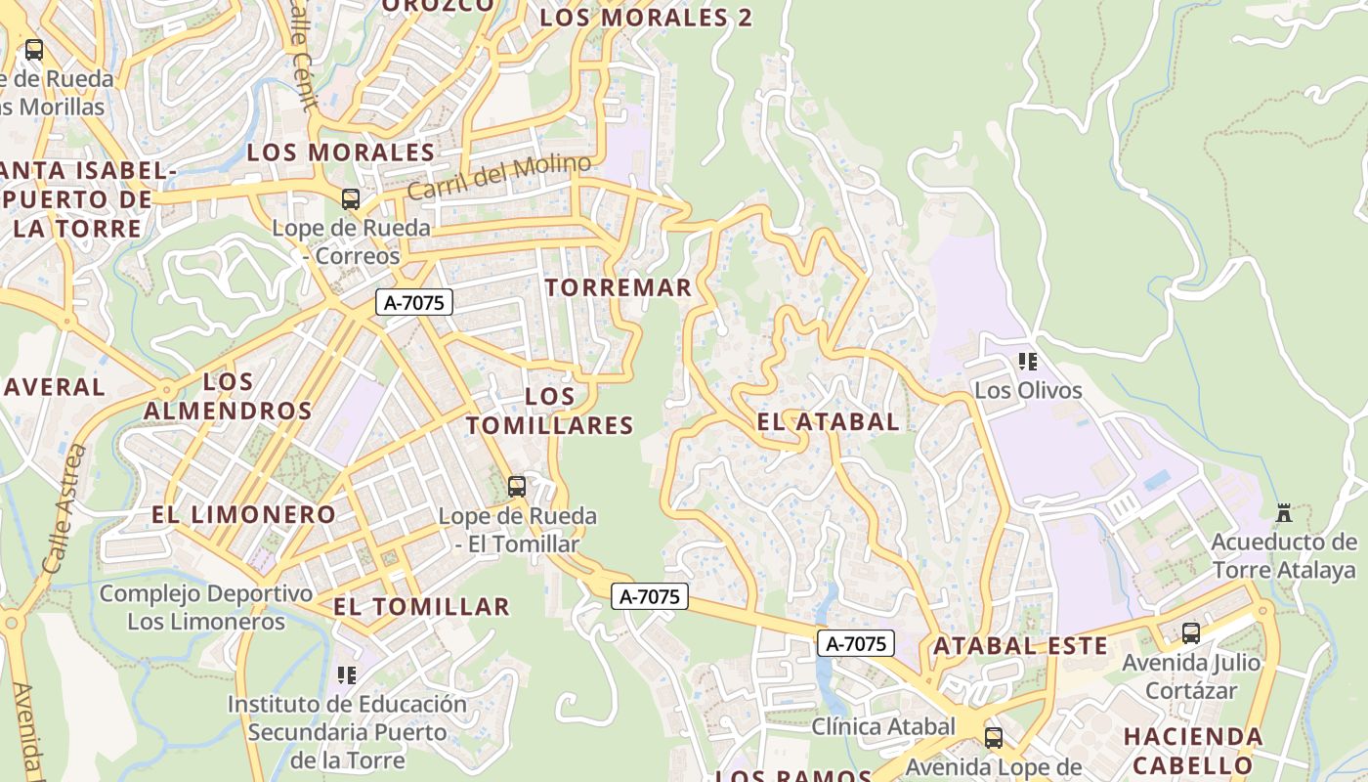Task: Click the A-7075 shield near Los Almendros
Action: [x=414, y=303]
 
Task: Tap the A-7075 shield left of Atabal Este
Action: [x=856, y=643]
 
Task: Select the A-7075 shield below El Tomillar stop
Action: [x=651, y=596]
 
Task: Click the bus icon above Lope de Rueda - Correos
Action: [x=351, y=199]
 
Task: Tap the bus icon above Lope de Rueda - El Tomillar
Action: [x=517, y=486]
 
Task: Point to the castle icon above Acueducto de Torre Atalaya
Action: [x=1284, y=512]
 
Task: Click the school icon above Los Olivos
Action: [x=1027, y=362]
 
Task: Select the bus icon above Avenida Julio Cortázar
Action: [x=1190, y=632]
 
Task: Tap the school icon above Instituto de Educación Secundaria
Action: [x=346, y=674]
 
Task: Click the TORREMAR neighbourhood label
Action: [x=619, y=287]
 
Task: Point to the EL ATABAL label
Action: [x=828, y=422]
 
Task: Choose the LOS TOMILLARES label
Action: [x=549, y=411]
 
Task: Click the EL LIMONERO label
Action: [x=243, y=514]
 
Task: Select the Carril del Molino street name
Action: [x=499, y=177]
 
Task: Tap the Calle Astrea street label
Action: [x=64, y=508]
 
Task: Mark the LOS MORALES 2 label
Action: [x=646, y=18]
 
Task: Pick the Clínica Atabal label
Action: [x=883, y=726]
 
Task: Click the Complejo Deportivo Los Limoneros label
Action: [x=206, y=607]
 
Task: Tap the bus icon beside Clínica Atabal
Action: [x=993, y=737]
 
